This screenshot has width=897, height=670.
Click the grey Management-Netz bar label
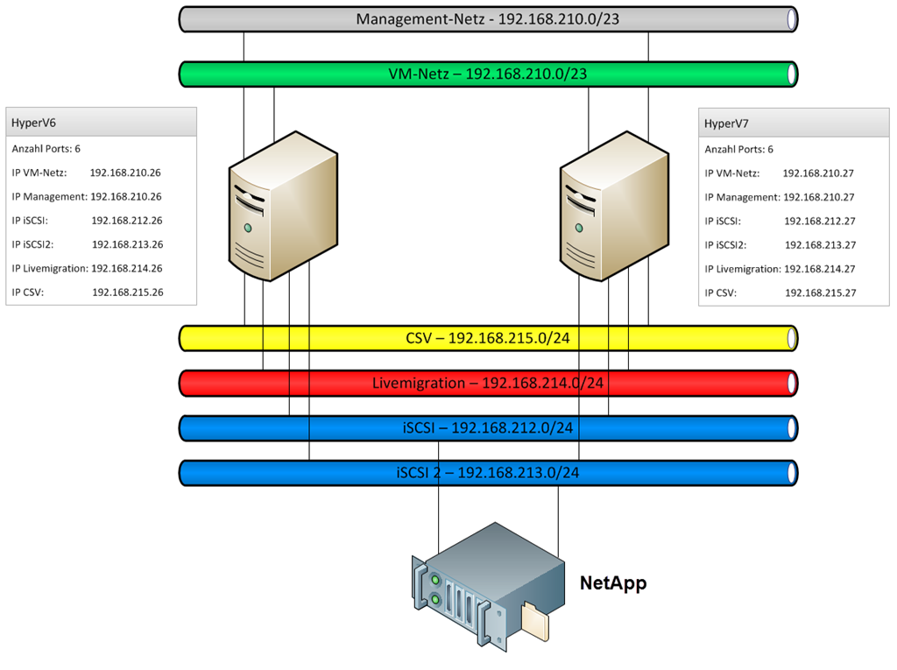point(487,18)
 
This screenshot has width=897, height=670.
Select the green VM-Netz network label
point(487,74)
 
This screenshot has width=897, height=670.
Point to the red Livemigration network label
point(488,383)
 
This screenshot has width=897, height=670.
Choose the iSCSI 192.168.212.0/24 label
point(488,427)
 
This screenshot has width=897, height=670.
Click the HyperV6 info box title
point(33,123)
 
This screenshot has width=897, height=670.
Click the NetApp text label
point(613,583)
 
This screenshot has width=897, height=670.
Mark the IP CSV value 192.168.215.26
point(128,293)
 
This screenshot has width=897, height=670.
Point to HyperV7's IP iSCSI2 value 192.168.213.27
point(820,245)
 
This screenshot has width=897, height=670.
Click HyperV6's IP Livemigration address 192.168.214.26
point(127,269)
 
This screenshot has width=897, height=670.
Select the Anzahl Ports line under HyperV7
point(738,150)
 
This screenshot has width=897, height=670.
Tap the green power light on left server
point(248,228)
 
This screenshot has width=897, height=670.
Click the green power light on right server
point(579,228)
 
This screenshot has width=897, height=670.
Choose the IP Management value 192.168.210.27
point(818,197)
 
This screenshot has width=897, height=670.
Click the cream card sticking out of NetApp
point(537,622)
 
